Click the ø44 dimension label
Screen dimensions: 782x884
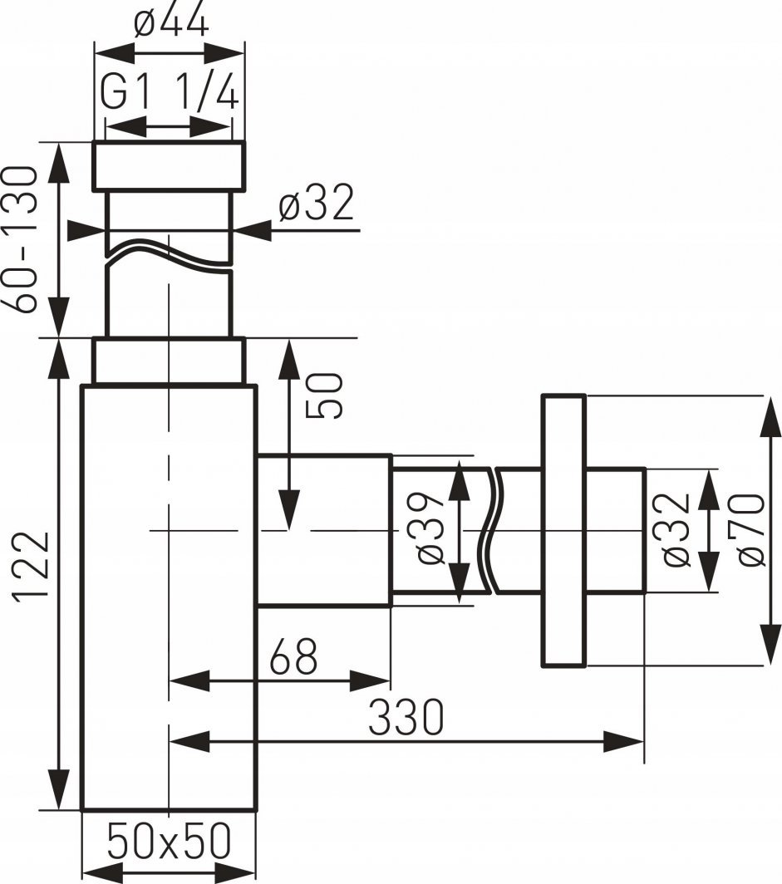pos(171,22)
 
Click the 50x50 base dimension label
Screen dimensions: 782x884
pos(170,840)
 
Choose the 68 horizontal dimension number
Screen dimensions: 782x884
pos(293,657)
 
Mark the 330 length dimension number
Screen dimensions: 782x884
pos(406,718)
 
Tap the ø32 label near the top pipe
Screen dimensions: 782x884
pos(317,202)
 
